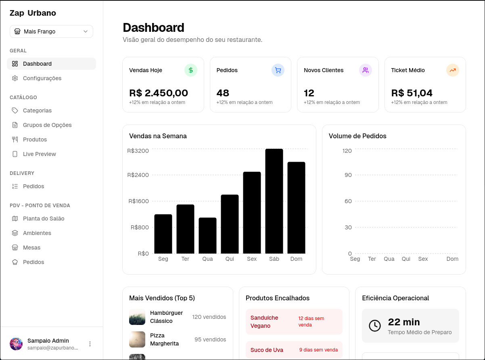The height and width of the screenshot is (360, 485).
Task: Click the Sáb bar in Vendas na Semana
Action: click(274, 201)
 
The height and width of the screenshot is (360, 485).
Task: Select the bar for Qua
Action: click(207, 235)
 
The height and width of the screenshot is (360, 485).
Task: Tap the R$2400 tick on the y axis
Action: click(138, 175)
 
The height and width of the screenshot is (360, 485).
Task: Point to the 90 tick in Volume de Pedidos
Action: click(347, 175)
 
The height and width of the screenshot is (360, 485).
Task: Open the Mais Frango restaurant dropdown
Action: click(51, 31)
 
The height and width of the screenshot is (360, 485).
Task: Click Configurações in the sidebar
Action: click(42, 78)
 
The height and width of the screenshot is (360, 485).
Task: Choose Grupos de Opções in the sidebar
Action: click(47, 125)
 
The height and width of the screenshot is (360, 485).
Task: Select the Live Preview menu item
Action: click(39, 154)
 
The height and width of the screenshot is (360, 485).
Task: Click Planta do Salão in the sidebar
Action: click(44, 218)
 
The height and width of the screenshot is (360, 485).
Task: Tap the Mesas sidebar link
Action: click(31, 248)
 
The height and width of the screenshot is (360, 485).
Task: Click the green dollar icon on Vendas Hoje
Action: click(191, 70)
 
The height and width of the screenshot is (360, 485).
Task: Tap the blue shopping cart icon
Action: click(278, 70)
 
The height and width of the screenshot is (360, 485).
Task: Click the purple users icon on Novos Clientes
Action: click(366, 70)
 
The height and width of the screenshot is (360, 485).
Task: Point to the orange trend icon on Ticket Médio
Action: click(453, 70)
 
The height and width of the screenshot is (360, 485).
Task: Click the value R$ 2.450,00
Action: click(159, 93)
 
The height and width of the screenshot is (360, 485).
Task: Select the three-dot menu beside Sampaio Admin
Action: click(90, 344)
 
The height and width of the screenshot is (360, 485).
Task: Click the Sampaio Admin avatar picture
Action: click(16, 344)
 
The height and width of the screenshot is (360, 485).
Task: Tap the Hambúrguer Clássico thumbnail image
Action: click(137, 317)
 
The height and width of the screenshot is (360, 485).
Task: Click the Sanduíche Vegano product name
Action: click(264, 322)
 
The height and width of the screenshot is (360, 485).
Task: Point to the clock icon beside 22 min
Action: click(375, 326)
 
